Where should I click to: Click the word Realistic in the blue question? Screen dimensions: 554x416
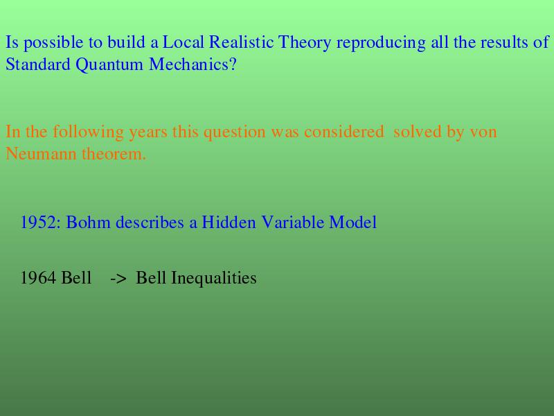[x=241, y=42]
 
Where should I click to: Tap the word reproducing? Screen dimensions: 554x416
[x=381, y=44]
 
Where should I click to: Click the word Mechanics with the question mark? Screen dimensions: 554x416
[x=193, y=64]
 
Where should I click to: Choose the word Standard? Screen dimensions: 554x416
[x=38, y=64]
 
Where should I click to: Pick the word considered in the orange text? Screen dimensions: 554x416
[x=343, y=132]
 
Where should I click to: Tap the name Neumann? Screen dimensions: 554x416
[x=41, y=154]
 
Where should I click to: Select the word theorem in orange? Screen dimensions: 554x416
[x=114, y=154]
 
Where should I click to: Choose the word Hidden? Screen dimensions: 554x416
[x=229, y=223]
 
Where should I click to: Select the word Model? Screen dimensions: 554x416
[x=352, y=223]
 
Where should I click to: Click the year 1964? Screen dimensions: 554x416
[x=38, y=278]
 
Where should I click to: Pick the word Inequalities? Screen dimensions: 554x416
[x=214, y=279]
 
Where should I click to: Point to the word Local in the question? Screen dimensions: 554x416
[x=183, y=42]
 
